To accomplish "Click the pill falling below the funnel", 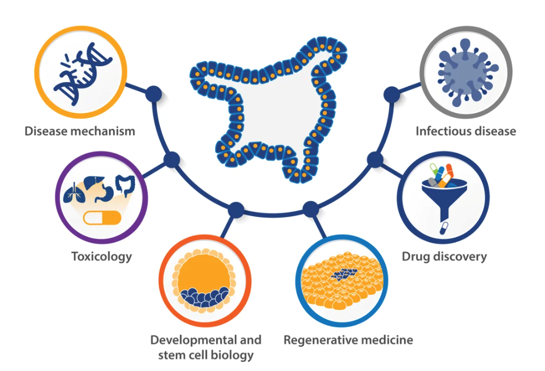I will [445, 227].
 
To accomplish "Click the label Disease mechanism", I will [80, 131].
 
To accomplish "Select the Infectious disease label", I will [466, 131].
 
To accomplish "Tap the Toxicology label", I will [102, 256].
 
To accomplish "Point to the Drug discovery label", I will [444, 256].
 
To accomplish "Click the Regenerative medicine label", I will [348, 340].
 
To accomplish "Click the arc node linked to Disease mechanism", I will [154, 94].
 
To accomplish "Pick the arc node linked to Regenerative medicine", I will [310, 208].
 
